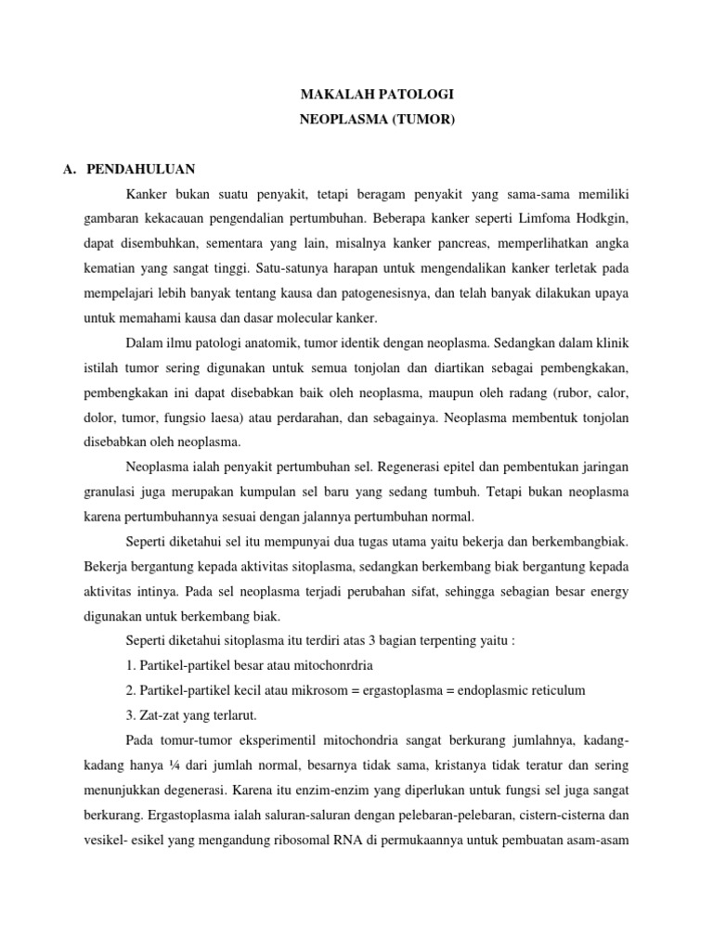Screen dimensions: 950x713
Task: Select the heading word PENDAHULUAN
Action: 140,170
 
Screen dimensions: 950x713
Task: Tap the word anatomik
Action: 285,339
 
